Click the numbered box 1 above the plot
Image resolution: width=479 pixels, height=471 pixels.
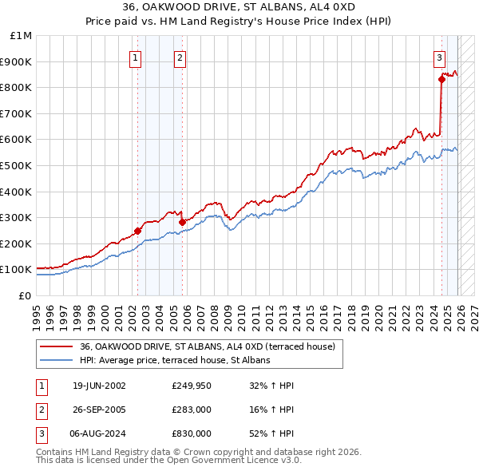(136, 57)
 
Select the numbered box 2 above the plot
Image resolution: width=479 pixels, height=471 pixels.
(180, 57)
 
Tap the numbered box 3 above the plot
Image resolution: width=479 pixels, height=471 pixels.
(440, 57)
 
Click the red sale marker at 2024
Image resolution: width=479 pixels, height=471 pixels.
(441, 78)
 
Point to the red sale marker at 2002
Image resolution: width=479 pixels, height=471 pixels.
(137, 231)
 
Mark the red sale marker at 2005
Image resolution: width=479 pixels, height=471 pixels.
(182, 222)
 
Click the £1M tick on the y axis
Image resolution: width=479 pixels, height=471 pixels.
(22, 36)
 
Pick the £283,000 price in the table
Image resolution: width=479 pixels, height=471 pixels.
(192, 410)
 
